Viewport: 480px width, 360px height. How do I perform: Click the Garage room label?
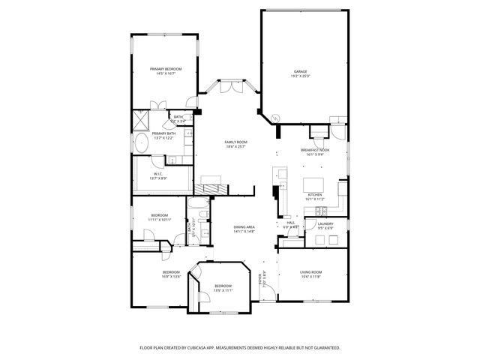click(x=300, y=71)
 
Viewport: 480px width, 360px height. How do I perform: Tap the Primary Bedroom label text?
click(x=166, y=69)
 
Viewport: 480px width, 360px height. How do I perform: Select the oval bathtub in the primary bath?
click(x=140, y=142)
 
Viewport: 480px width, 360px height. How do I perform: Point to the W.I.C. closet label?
click(x=157, y=174)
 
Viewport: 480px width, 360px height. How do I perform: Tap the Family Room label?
click(x=236, y=142)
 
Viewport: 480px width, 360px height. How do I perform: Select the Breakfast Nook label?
click(x=315, y=150)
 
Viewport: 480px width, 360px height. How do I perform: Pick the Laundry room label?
click(x=325, y=223)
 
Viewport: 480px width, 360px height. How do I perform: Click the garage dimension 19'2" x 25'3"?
click(x=300, y=76)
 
